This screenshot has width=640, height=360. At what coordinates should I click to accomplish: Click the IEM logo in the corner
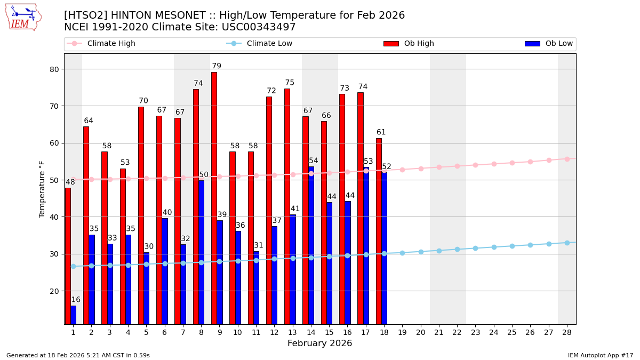23,17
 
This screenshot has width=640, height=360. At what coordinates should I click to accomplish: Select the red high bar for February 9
214,197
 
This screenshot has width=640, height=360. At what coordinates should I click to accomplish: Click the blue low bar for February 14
311,245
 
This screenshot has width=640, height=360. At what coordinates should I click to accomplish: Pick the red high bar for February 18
379,231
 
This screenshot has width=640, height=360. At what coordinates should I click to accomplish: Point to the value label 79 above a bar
217,66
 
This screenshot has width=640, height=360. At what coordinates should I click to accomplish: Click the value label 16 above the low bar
76,300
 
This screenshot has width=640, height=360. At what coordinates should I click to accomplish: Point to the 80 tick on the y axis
55,69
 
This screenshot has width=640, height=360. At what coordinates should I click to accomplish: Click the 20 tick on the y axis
55,291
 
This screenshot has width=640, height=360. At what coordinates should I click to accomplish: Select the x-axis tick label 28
567,332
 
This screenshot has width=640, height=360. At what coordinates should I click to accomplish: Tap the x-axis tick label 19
402,332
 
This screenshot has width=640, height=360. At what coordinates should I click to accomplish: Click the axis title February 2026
319,343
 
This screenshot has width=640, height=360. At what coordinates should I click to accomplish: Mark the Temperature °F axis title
42,189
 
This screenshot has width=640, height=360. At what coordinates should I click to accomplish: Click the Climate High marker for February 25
512,163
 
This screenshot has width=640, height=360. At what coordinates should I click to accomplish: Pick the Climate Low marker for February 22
457,249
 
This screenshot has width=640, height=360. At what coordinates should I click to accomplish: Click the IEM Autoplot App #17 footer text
601,355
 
